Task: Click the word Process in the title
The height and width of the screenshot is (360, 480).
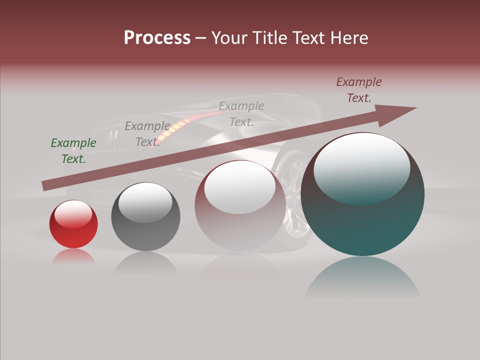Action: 157,38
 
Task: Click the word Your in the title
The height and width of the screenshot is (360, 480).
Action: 231,38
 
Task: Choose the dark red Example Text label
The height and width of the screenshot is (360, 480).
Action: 359,90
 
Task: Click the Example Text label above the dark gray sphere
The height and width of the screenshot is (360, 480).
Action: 147,134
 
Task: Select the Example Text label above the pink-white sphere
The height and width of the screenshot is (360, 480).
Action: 241,113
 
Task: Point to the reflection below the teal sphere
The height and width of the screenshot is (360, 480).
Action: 362,277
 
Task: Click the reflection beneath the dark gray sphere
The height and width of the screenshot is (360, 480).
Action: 145,262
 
